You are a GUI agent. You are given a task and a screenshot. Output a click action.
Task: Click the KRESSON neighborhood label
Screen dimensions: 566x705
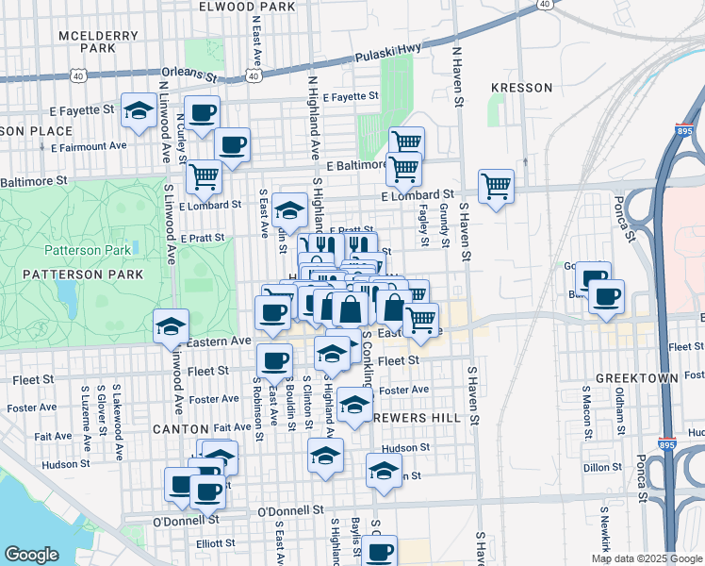(521, 88)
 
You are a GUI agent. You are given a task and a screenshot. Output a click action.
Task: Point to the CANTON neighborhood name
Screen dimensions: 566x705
(179, 428)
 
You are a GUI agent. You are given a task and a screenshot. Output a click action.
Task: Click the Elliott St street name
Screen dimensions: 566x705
(216, 542)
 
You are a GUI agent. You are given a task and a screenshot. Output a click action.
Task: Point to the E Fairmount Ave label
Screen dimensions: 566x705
(90, 146)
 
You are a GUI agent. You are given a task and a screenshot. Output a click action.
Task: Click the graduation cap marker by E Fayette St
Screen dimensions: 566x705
(139, 112)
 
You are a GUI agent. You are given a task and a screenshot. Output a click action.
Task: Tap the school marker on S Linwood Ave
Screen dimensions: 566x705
(171, 326)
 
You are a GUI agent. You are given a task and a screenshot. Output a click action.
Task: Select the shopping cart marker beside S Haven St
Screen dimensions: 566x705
(496, 185)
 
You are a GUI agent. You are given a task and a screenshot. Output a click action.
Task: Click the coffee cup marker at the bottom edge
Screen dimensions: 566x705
(380, 551)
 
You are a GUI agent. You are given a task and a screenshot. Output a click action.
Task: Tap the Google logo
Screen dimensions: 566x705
(31, 555)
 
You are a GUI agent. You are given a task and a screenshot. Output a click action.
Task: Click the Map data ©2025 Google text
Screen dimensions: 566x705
(646, 558)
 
